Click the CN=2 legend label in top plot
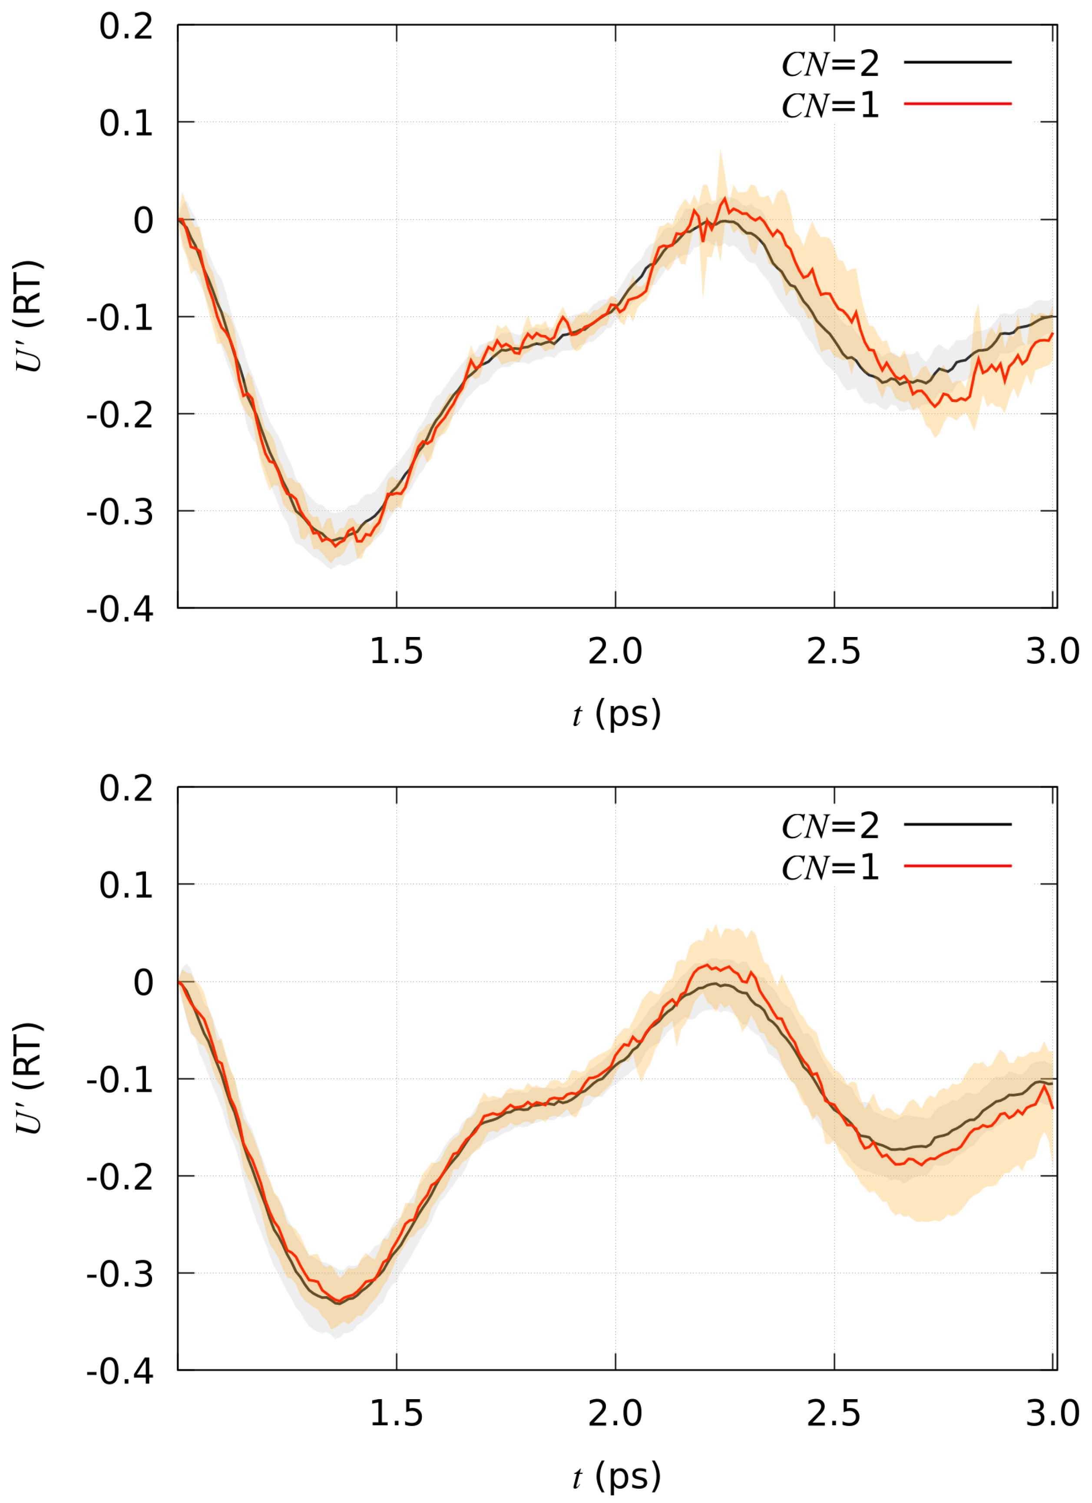tap(830, 63)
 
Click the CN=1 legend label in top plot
tap(830, 105)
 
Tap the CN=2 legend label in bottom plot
tap(830, 826)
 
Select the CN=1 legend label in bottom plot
tap(830, 867)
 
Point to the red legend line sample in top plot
tap(957, 104)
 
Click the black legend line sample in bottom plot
tap(957, 824)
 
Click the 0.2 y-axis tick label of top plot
tap(126, 27)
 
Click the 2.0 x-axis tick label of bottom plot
tap(615, 1413)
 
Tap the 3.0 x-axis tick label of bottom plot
tap(1052, 1413)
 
